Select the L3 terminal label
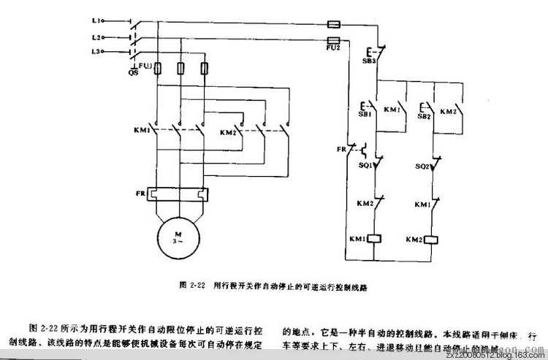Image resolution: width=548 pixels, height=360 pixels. tap(95, 51)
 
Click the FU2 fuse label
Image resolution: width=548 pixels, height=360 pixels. tap(333, 47)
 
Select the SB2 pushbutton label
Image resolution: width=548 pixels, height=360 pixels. tap(423, 115)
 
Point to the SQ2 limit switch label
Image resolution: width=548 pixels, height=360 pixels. tap(422, 166)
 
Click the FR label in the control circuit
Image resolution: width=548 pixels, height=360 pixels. tap(341, 149)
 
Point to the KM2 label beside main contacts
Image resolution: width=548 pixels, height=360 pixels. tap(228, 132)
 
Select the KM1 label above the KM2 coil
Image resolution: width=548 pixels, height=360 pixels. tap(422, 204)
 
